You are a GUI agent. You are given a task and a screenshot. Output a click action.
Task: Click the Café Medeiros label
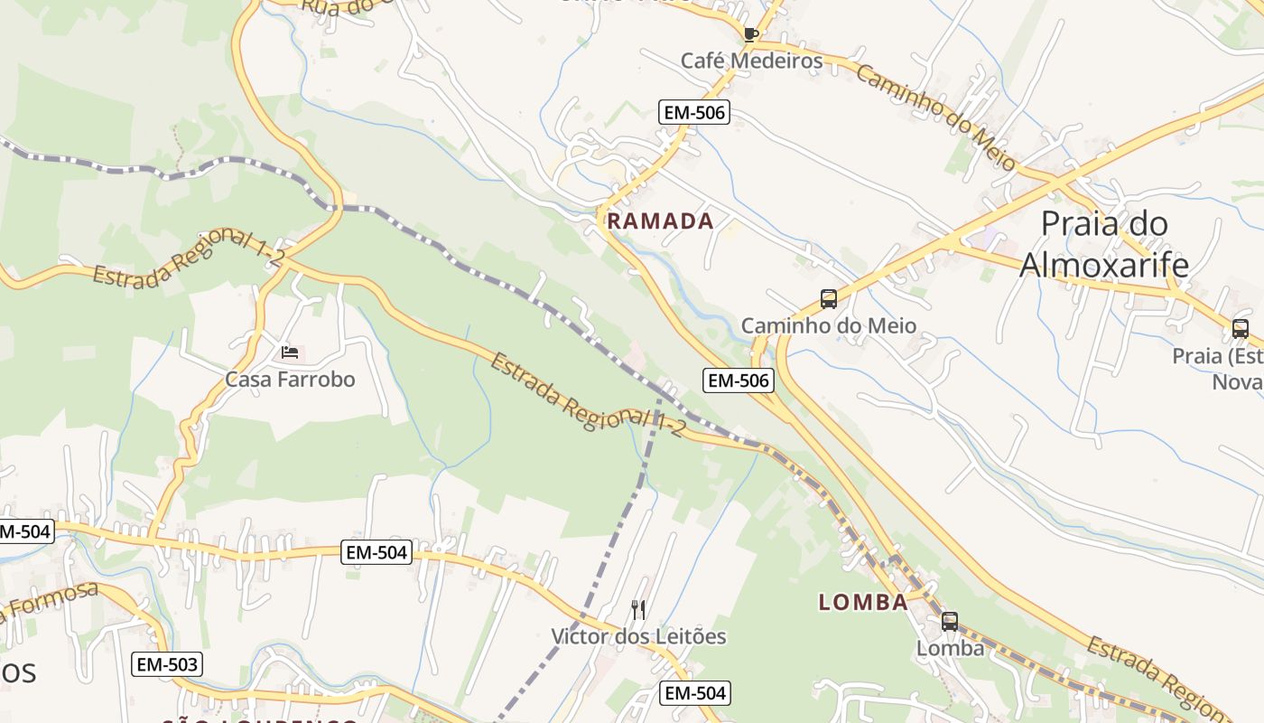pyautogui.click(x=751, y=61)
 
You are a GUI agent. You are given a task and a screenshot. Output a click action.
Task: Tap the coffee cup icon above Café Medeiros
pyautogui.click(x=749, y=35)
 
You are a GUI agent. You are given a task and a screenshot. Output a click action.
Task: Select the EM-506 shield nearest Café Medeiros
pyautogui.click(x=694, y=112)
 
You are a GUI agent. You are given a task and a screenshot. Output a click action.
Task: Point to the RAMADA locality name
pyautogui.click(x=660, y=221)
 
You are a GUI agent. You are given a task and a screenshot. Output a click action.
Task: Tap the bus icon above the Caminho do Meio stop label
pyautogui.click(x=828, y=299)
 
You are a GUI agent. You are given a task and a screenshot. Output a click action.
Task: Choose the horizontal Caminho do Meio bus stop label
pyautogui.click(x=828, y=325)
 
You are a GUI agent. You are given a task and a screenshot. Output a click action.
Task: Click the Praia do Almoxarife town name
pyautogui.click(x=1104, y=244)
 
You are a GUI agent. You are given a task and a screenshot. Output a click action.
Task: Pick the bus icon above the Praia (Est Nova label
pyautogui.click(x=1240, y=329)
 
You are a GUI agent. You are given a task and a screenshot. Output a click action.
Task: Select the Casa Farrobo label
pyautogui.click(x=290, y=379)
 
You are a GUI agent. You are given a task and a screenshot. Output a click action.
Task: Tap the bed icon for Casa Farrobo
pyautogui.click(x=289, y=352)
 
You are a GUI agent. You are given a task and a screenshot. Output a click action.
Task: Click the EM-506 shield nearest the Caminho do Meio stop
pyautogui.click(x=739, y=380)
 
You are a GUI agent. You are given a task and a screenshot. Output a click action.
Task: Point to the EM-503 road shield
pyautogui.click(x=167, y=664)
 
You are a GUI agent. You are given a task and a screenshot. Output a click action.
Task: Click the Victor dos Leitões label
pyautogui.click(x=638, y=636)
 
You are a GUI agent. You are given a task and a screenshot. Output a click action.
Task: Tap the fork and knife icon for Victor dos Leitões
pyautogui.click(x=638, y=610)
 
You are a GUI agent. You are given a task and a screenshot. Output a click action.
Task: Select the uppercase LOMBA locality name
pyautogui.click(x=863, y=602)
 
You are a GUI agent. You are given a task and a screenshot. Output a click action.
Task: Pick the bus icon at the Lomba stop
pyautogui.click(x=949, y=622)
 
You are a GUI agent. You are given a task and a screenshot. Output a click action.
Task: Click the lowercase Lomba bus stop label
pyautogui.click(x=950, y=648)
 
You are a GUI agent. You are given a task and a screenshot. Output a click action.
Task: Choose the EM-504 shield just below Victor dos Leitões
pyautogui.click(x=694, y=693)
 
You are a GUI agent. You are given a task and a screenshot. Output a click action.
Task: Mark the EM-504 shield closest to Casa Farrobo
pyautogui.click(x=376, y=551)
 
